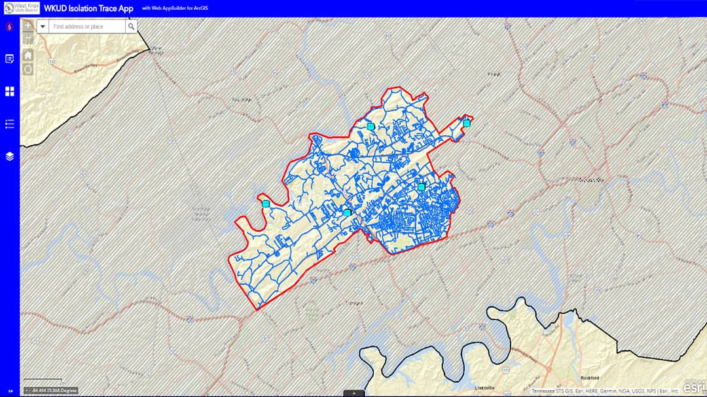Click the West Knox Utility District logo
(21, 9)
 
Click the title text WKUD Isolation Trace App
(88, 9)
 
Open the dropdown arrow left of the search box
(43, 27)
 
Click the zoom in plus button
(28, 27)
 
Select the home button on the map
(28, 55)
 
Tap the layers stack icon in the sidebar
(10, 156)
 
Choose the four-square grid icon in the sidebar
(10, 92)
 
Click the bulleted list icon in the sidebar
(10, 124)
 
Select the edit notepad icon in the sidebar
(10, 59)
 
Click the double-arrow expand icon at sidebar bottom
(10, 391)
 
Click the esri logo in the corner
(694, 387)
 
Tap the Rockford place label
(590, 378)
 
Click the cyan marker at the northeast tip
(467, 123)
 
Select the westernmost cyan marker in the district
(266, 204)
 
